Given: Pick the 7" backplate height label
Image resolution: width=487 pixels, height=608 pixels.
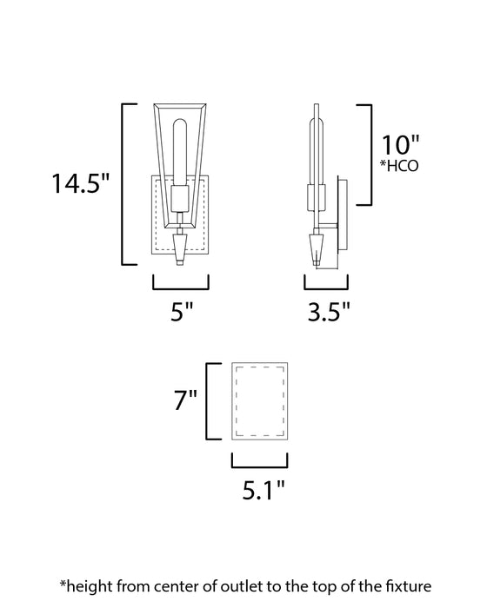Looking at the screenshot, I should click(x=185, y=401).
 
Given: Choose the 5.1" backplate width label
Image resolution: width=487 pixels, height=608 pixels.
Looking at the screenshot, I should click(x=258, y=493).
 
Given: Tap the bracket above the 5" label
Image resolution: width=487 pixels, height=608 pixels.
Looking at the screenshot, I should click(x=181, y=284).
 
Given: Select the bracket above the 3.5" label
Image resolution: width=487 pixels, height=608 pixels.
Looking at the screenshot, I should click(x=326, y=284).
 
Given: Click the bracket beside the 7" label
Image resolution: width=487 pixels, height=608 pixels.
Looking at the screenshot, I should click(x=209, y=401).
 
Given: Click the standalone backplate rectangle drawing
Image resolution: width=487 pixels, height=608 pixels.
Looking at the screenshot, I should click(x=258, y=401).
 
